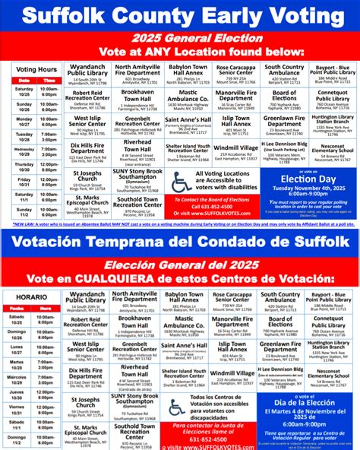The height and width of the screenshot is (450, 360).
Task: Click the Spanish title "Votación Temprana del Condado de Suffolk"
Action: coord(179,243)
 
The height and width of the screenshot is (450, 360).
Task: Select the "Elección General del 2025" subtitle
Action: coord(179,265)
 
